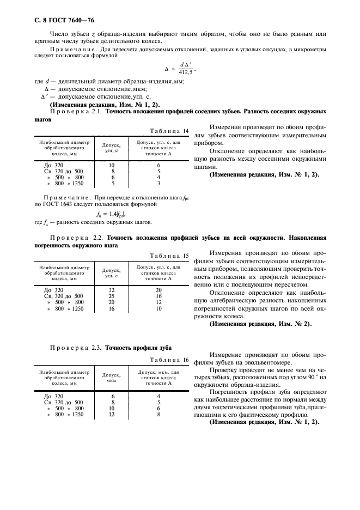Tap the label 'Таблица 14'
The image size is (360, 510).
coord(170,131)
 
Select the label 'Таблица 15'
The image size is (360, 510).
coord(170,255)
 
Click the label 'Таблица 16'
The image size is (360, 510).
coord(170,360)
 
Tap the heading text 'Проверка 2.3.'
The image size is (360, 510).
coord(76,347)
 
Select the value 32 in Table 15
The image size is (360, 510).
coord(111,290)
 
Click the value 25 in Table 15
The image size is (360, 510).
coord(111,296)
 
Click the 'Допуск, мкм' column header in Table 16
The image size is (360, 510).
coord(112,378)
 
